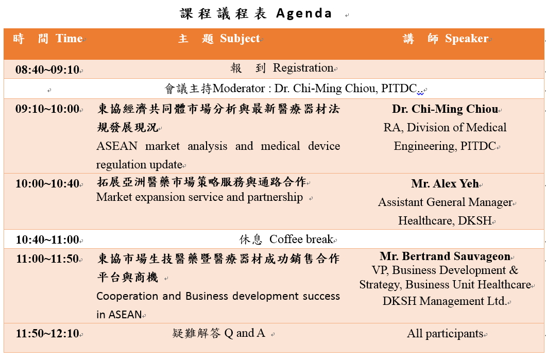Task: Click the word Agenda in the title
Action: click(x=303, y=13)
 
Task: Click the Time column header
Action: click(x=48, y=38)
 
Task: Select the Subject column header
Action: click(x=219, y=39)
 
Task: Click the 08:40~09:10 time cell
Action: click(x=47, y=70)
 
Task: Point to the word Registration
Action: click(x=303, y=68)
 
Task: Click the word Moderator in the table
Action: click(x=239, y=89)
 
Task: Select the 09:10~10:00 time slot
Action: click(x=47, y=109)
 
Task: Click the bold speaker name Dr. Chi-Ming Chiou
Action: click(x=445, y=109)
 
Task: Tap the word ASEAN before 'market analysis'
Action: click(x=117, y=146)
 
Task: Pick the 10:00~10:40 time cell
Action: click(x=47, y=183)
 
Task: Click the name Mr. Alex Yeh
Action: click(x=445, y=183)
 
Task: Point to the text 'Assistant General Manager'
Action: click(x=446, y=202)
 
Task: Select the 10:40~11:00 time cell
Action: click(x=48, y=239)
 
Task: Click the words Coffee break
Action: click(x=301, y=239)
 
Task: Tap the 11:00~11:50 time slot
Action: click(x=48, y=259)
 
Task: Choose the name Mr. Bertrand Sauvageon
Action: click(x=445, y=256)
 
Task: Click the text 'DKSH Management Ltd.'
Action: click(x=445, y=301)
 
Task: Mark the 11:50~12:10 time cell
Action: click(x=48, y=334)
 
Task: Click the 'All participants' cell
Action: click(x=446, y=334)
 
